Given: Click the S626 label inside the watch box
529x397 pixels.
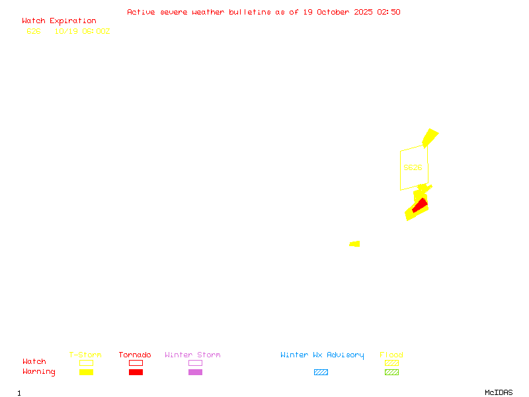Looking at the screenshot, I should click(413, 167).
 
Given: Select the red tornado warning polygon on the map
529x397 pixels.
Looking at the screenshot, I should click(419, 206).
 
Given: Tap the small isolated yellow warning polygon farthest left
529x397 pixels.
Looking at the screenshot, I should click(355, 244).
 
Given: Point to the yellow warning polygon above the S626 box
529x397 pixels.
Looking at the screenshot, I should click(430, 138).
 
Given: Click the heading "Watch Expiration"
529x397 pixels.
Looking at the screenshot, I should click(59, 21).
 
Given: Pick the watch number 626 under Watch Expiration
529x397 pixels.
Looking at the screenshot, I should click(34, 31).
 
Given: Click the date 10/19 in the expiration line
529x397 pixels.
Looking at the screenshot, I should click(65, 31).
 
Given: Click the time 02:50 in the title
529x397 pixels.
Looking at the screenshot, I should click(389, 12).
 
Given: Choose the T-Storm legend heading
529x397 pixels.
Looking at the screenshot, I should click(85, 355).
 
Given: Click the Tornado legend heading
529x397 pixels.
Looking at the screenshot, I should click(135, 355).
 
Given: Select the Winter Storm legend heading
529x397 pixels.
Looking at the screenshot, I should click(192, 355).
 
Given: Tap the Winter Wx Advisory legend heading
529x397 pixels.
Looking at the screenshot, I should click(322, 355).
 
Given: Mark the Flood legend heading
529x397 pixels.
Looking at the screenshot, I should click(391, 355).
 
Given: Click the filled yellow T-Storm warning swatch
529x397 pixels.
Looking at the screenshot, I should click(86, 373).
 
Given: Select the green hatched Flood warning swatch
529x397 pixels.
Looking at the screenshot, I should click(391, 373).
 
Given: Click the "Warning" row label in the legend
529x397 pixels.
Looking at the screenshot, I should click(39, 372).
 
